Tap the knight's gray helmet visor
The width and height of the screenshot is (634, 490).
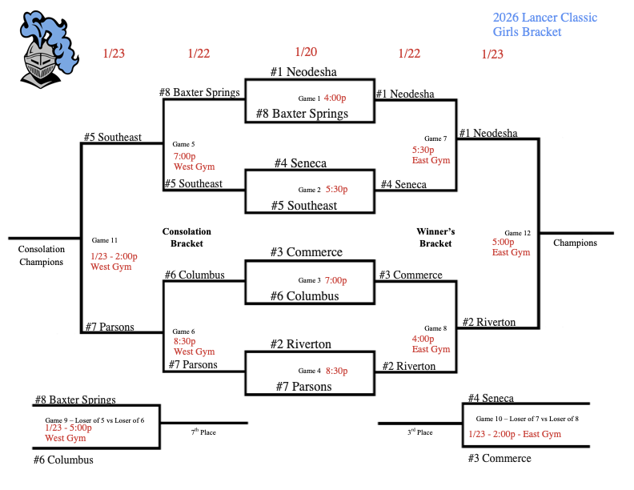click(39, 64)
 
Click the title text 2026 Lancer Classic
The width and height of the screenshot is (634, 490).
click(544, 18)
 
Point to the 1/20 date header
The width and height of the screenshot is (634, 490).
click(306, 52)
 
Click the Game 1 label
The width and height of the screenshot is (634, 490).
click(309, 98)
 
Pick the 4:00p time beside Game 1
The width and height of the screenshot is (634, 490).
click(335, 98)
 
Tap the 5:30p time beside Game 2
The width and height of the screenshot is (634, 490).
click(337, 190)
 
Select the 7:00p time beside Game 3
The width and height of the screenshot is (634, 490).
click(336, 280)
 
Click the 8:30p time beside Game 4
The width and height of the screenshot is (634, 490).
click(337, 371)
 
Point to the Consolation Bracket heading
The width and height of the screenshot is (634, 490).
click(187, 237)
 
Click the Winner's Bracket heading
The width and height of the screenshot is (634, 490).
click(435, 237)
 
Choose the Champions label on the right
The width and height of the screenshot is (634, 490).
click(575, 243)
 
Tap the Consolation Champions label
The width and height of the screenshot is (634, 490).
click(41, 255)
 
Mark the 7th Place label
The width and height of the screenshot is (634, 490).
click(203, 432)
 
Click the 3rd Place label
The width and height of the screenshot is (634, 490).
click(419, 432)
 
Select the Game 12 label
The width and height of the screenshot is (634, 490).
click(517, 233)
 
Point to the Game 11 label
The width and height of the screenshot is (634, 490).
click(105, 240)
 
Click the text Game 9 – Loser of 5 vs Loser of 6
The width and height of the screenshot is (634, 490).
click(94, 420)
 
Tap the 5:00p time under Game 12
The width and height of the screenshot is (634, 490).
click(504, 242)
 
